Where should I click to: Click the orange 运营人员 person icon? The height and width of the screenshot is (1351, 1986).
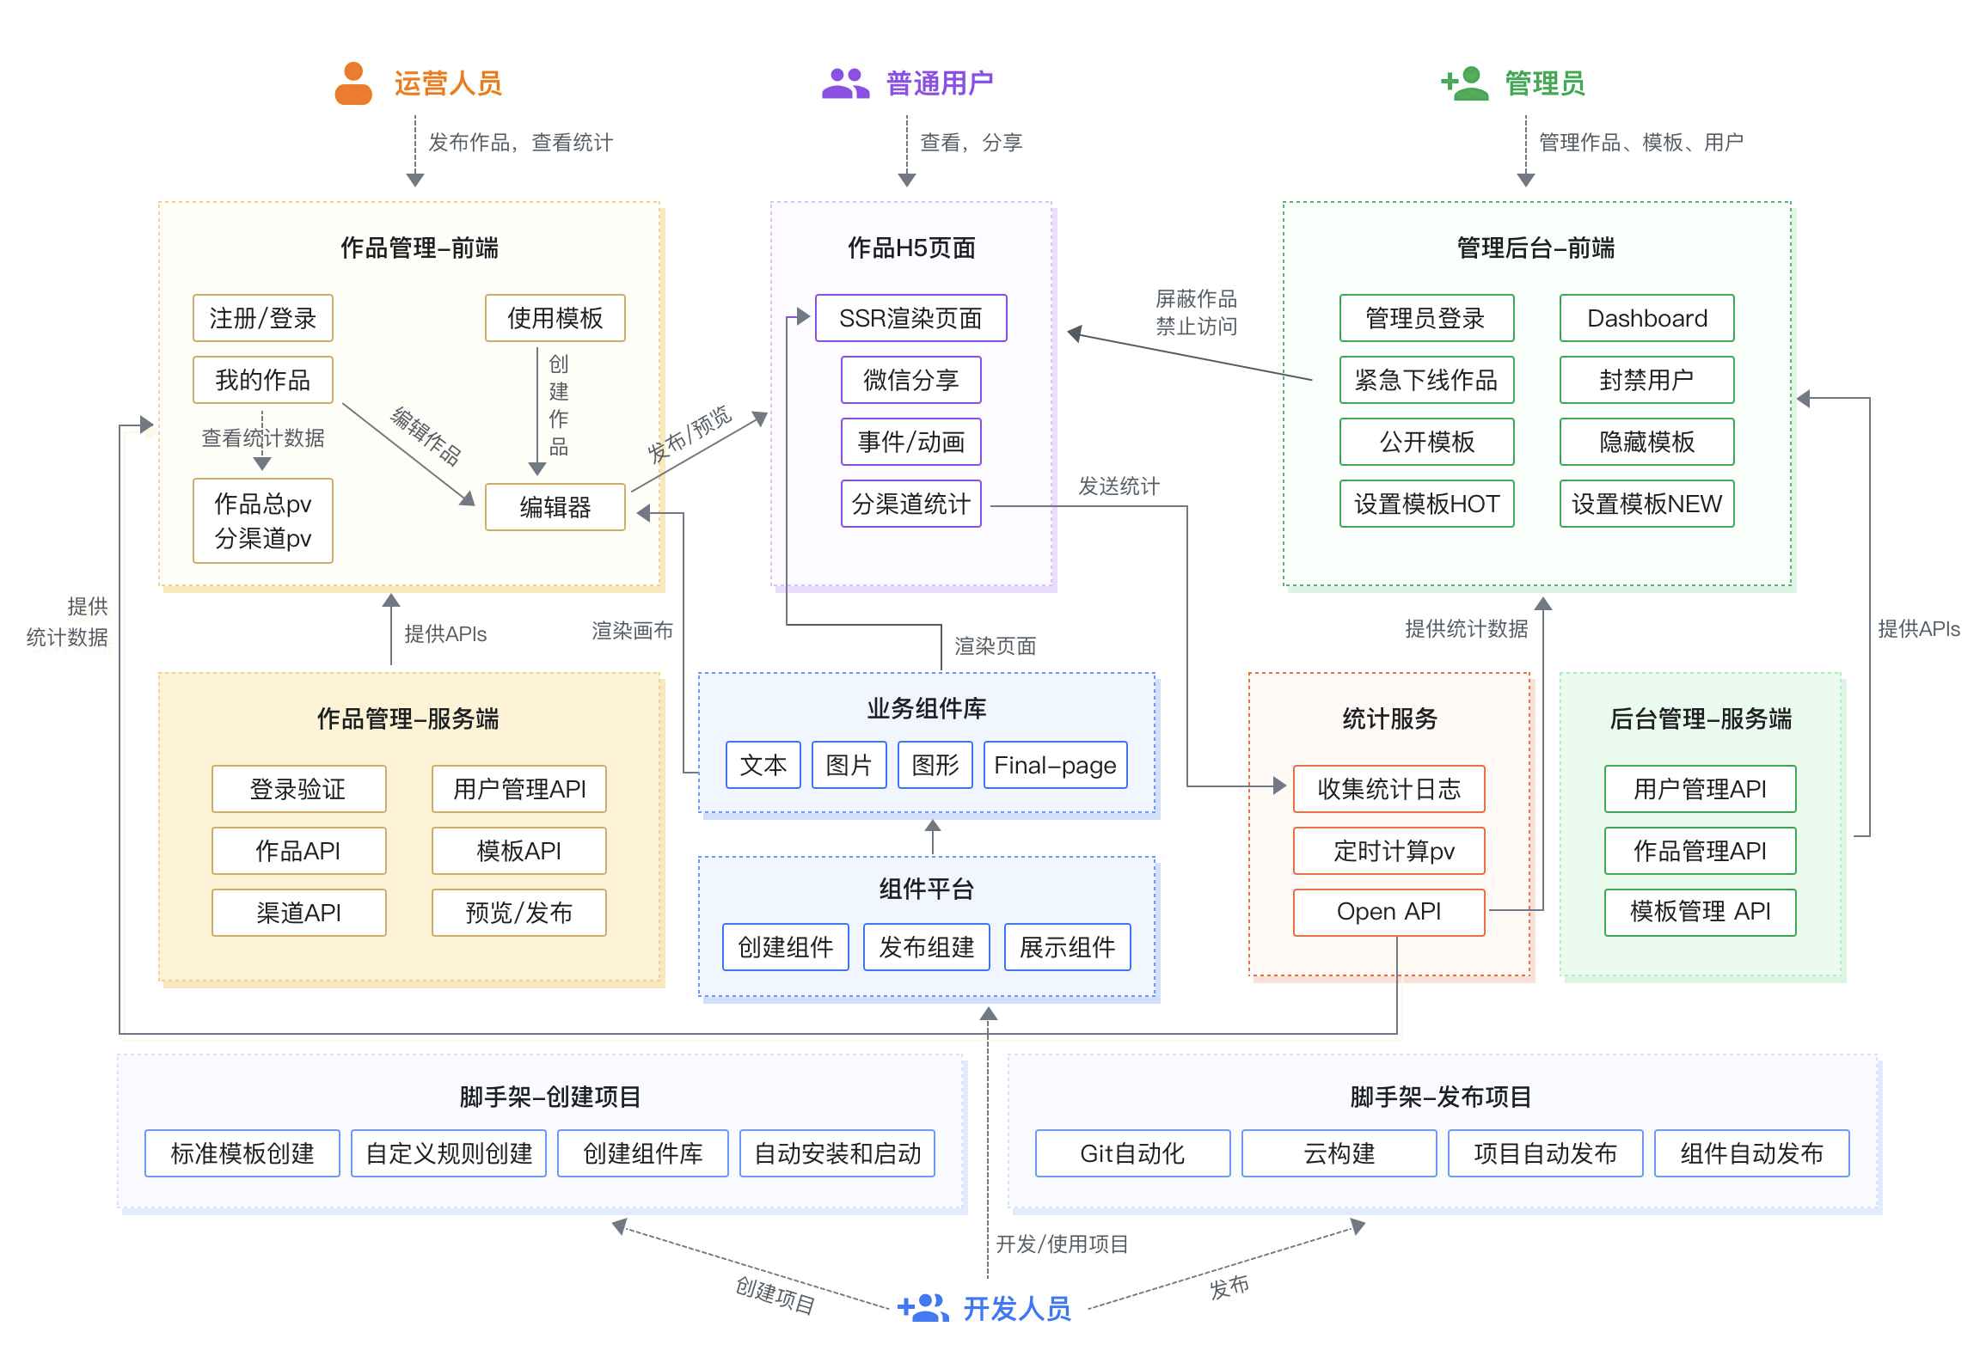(352, 83)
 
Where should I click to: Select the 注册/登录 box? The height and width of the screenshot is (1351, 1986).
(262, 318)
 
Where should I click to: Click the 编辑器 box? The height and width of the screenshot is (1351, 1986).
(555, 507)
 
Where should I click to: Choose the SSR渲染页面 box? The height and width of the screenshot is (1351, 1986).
(910, 318)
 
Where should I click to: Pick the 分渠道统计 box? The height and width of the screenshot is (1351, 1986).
(910, 504)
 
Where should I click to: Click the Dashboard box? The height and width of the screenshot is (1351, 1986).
(1646, 318)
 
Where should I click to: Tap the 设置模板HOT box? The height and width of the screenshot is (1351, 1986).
(1425, 504)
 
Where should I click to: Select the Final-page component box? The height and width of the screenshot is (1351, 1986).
(1054, 765)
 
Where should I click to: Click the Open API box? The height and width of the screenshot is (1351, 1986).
(1388, 911)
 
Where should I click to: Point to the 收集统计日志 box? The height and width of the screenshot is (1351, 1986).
(1388, 789)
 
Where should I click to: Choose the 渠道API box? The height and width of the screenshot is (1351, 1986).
(298, 913)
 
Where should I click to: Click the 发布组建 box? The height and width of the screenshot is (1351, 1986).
(925, 947)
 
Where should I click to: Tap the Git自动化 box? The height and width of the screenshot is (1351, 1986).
(1131, 1153)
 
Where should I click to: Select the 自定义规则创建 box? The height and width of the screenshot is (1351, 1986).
(448, 1153)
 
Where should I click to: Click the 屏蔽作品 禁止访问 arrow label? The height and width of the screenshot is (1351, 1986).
(1195, 312)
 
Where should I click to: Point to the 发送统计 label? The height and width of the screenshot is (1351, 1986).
(1118, 486)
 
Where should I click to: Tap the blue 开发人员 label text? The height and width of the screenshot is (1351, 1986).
(1016, 1308)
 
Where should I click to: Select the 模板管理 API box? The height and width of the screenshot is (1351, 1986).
(1699, 911)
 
